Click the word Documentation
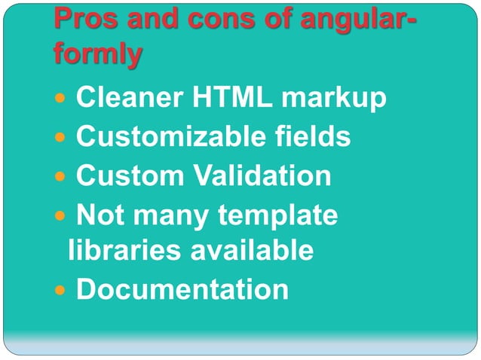(x=182, y=289)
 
